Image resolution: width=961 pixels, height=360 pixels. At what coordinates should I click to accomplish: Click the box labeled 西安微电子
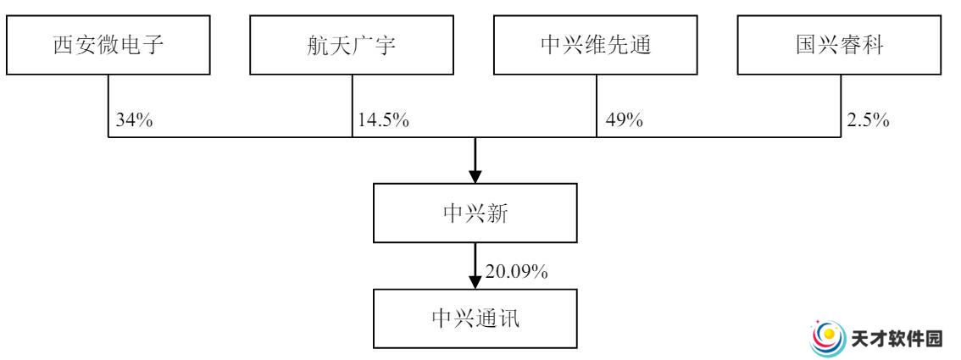click(x=108, y=45)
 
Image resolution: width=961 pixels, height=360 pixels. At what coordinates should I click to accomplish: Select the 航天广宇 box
click(x=352, y=45)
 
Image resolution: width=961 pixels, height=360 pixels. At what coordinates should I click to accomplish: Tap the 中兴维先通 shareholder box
click(x=596, y=45)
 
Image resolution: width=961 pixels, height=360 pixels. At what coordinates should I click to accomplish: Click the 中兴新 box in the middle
click(x=475, y=213)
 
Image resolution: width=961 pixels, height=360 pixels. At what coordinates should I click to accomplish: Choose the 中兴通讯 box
click(x=475, y=319)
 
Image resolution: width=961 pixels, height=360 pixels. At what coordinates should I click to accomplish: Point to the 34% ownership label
click(x=134, y=120)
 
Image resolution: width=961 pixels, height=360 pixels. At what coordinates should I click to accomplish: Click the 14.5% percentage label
click(x=384, y=120)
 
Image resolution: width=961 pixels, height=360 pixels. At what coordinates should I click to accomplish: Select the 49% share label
click(x=625, y=120)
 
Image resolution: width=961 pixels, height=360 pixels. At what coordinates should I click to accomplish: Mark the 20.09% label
click(x=517, y=272)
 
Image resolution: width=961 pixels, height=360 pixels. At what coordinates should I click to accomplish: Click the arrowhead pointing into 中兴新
click(x=475, y=175)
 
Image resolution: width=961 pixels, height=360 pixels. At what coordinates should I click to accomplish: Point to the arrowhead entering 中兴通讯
click(x=475, y=281)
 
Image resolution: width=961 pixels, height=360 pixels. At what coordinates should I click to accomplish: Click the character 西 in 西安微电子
click(x=63, y=45)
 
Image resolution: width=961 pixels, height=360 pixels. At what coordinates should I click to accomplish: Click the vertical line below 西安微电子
click(x=108, y=106)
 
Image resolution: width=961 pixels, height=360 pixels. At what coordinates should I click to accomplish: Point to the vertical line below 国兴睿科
click(x=841, y=106)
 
